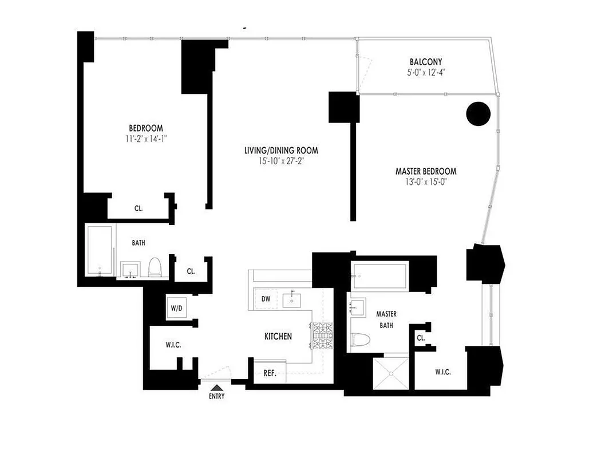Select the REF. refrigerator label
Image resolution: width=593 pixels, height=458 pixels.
coord(270,373)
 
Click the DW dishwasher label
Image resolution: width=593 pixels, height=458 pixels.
coord(266,299)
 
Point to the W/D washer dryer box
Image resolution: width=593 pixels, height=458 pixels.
coord(176,309)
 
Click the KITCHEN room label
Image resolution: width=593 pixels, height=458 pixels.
coord(278,337)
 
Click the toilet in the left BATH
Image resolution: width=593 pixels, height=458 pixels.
coord(155,267)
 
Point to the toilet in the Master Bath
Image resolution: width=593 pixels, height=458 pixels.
coord(362,339)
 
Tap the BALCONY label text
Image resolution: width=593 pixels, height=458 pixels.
coord(425,62)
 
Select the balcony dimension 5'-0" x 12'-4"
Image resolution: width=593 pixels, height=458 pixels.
coord(425,73)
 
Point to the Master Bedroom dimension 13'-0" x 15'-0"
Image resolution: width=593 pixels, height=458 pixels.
coord(426,183)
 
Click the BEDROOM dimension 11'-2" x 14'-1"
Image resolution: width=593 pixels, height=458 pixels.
coord(145,139)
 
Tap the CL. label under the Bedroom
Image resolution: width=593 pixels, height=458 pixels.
coord(139,208)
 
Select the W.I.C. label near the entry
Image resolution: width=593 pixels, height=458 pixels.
coord(173,345)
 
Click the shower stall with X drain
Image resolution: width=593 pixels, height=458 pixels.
coord(392,373)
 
